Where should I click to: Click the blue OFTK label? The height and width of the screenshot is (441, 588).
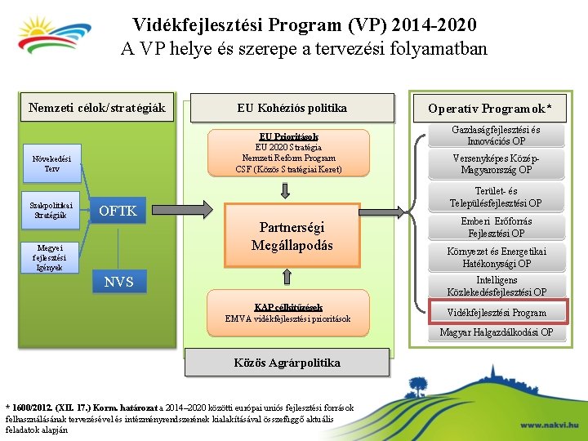coord(118,212)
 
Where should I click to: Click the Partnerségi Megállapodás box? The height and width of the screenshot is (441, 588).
coord(292,236)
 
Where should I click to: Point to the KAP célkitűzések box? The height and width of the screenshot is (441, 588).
coord(287,313)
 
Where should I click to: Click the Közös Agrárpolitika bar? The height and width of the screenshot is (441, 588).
coord(287,363)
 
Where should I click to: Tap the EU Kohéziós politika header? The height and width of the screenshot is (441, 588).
coord(292,108)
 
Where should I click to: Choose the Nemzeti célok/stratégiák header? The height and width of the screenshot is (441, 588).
coord(97,108)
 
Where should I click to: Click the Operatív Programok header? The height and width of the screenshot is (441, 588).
coord(496,109)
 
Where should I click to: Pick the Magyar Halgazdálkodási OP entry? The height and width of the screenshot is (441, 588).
coord(496,332)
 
